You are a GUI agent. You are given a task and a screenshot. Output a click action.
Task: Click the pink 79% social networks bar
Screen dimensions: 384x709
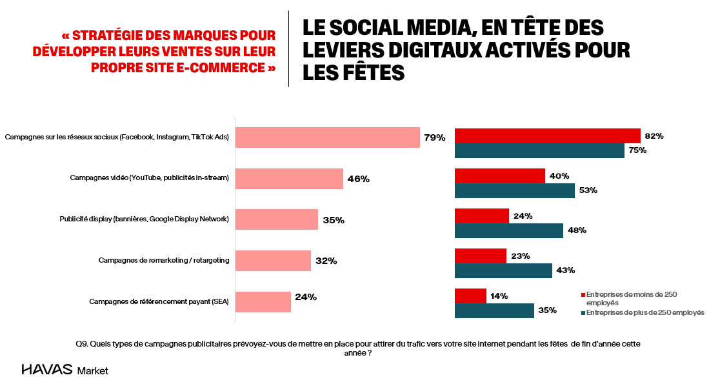pyautogui.click(x=328, y=137)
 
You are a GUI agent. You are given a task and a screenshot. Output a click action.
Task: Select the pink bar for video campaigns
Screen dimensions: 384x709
pyautogui.click(x=289, y=179)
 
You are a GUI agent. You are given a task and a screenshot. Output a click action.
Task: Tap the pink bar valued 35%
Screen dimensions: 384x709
pyautogui.click(x=277, y=219)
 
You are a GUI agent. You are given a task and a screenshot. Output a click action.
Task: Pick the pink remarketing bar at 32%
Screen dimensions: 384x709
pyautogui.click(x=273, y=261)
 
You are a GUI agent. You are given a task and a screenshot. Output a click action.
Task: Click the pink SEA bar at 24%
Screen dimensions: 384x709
pyautogui.click(x=263, y=301)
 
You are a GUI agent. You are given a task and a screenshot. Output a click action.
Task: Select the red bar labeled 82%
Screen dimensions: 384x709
pyautogui.click(x=547, y=136)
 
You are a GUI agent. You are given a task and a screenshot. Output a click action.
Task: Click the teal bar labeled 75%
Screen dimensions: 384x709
pyautogui.click(x=539, y=150)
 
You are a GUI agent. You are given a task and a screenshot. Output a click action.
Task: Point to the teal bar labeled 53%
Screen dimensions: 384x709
pyautogui.click(x=514, y=190)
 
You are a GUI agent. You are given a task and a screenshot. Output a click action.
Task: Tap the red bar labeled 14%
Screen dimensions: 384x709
pyautogui.click(x=470, y=296)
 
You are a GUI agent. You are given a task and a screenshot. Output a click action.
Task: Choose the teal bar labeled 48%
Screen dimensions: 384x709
pyautogui.click(x=508, y=230)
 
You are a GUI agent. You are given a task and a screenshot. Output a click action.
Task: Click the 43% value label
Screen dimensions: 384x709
pyautogui.click(x=566, y=270)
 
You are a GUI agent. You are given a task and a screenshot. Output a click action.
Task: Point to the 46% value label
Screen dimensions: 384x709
pyautogui.click(x=358, y=179)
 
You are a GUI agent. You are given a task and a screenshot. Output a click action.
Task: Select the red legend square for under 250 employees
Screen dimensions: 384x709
pyautogui.click(x=583, y=295)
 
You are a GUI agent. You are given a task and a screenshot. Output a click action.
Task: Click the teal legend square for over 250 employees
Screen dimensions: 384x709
pyautogui.click(x=583, y=312)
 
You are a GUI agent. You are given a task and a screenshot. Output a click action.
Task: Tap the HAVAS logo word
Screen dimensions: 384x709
pyautogui.click(x=46, y=370)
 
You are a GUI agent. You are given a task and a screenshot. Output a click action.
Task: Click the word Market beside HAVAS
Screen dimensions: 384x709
pyautogui.click(x=93, y=371)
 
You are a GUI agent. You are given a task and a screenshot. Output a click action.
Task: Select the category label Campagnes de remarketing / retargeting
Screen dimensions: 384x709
pyautogui.click(x=164, y=261)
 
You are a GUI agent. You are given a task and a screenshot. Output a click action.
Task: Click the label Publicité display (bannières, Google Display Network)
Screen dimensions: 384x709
pyautogui.click(x=144, y=219)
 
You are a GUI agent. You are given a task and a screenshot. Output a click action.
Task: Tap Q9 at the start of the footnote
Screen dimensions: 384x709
pyautogui.click(x=82, y=344)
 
